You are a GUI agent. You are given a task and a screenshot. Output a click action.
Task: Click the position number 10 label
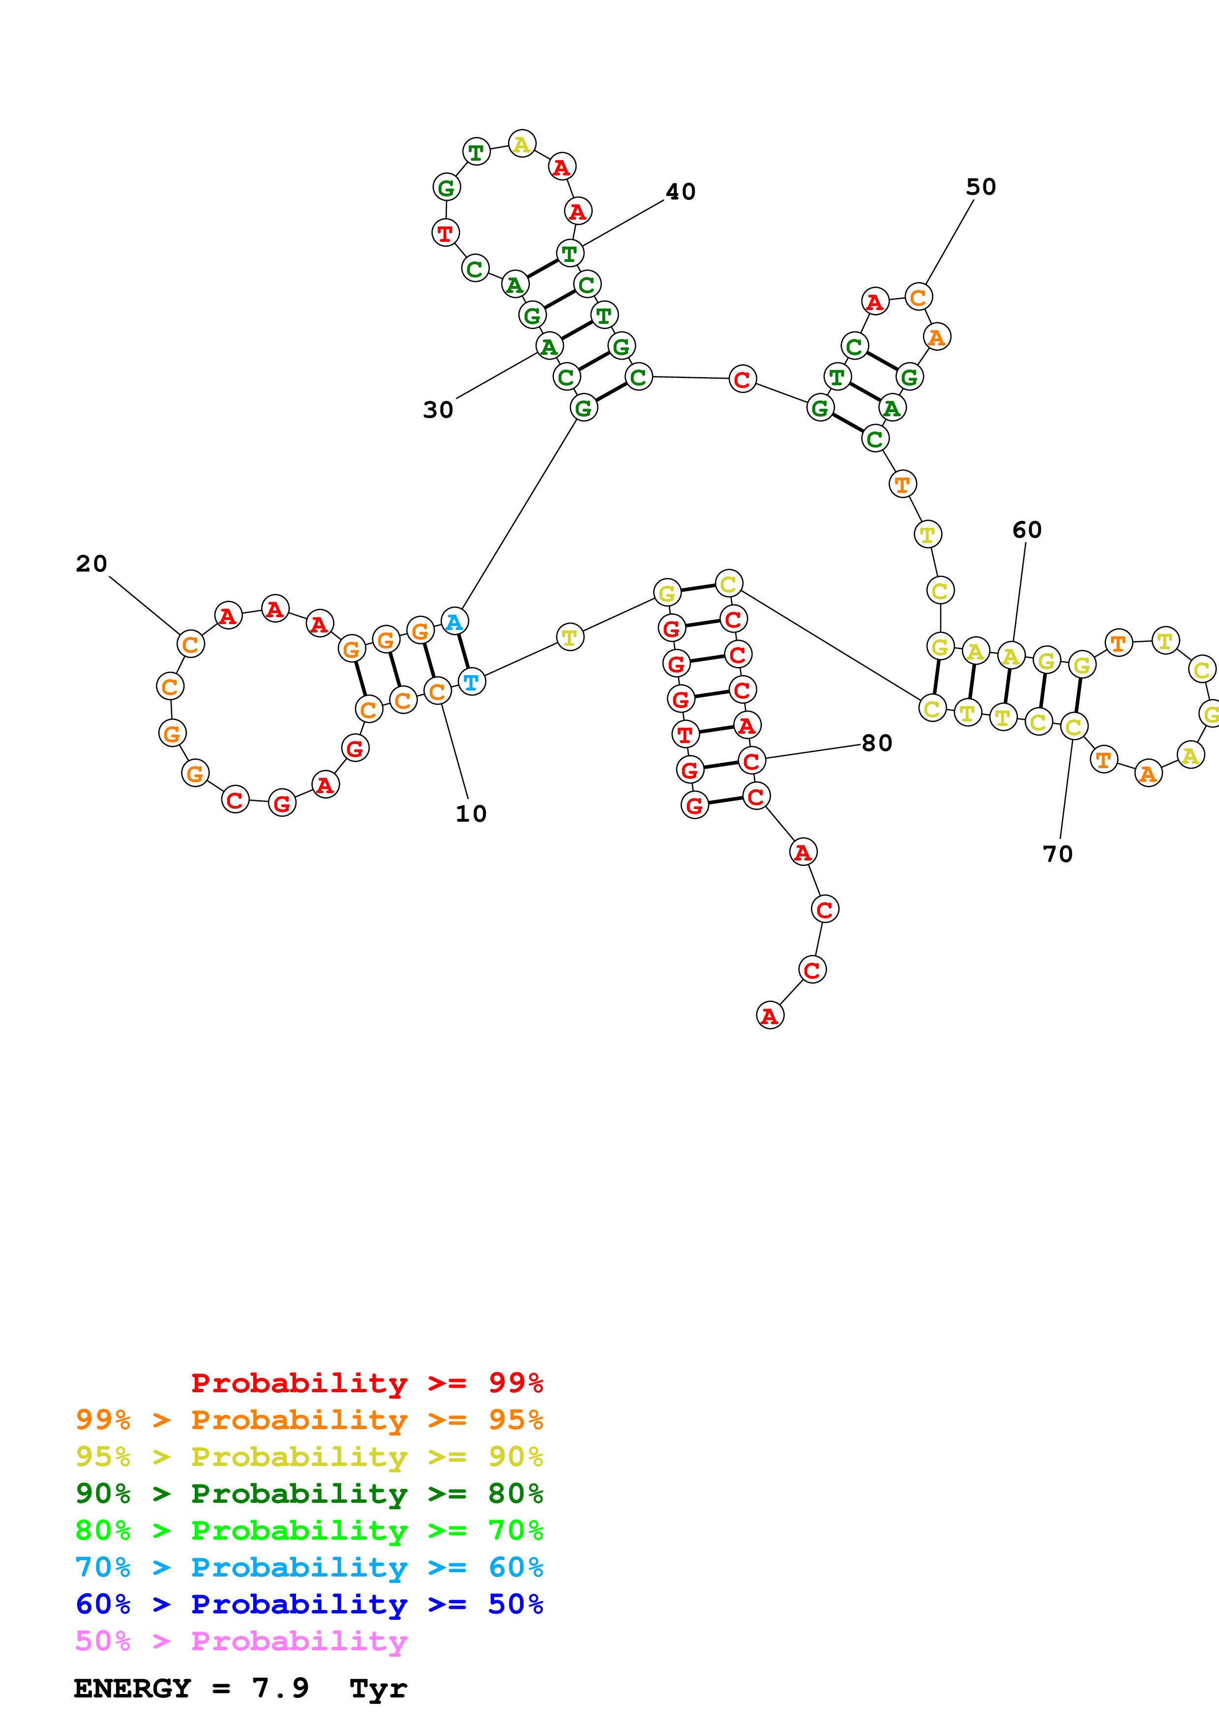(x=471, y=813)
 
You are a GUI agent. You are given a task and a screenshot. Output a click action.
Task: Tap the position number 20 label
(x=91, y=563)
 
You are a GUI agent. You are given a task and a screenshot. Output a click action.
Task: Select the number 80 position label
(x=876, y=743)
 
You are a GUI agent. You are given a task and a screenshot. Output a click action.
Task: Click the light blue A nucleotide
(x=454, y=622)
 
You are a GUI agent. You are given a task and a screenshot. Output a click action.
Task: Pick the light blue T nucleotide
(x=471, y=682)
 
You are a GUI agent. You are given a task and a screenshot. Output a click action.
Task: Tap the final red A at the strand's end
(x=769, y=1015)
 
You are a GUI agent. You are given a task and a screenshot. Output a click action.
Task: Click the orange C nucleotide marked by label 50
(x=918, y=297)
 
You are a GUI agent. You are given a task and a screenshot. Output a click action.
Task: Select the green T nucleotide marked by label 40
(x=569, y=254)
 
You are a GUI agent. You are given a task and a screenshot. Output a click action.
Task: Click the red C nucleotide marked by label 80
(x=751, y=761)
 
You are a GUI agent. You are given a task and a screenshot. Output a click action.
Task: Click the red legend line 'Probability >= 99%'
(x=366, y=1382)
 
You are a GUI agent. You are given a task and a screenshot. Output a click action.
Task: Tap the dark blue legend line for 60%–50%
(x=309, y=1604)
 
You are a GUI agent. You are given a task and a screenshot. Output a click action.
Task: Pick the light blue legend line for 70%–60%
(x=309, y=1567)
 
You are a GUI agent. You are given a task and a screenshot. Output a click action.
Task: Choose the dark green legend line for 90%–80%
(x=309, y=1494)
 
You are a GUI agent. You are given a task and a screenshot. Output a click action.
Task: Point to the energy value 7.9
(x=280, y=1688)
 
